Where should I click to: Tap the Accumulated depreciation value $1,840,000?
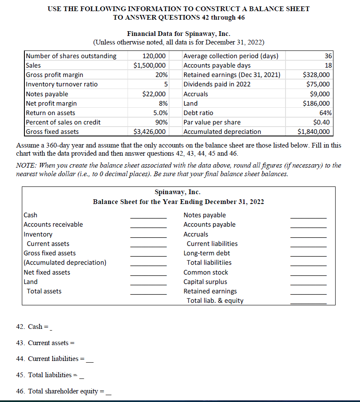(x=314, y=132)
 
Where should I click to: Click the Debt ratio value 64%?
(x=324, y=113)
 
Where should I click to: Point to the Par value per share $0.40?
(x=321, y=122)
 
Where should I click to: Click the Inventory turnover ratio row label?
(x=62, y=84)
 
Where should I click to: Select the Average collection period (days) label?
(x=231, y=56)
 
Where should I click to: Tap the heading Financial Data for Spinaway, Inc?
(x=179, y=33)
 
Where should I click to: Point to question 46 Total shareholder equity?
(x=62, y=391)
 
